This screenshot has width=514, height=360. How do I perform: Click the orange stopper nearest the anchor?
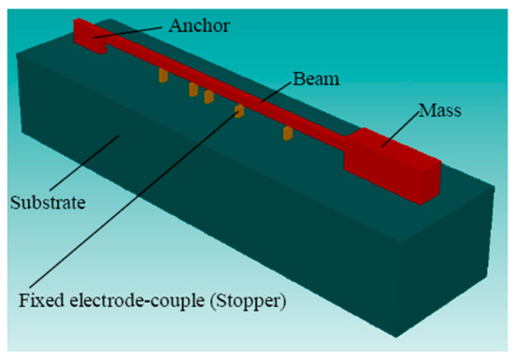(162, 74)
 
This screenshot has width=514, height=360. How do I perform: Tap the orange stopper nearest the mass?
(289, 135)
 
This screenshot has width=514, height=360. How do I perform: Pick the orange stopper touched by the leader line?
(239, 111)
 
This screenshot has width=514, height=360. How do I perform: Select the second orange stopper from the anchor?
(193, 90)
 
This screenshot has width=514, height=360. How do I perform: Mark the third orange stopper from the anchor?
(209, 96)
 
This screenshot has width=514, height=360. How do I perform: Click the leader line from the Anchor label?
(140, 32)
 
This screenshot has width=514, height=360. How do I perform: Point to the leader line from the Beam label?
(271, 92)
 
